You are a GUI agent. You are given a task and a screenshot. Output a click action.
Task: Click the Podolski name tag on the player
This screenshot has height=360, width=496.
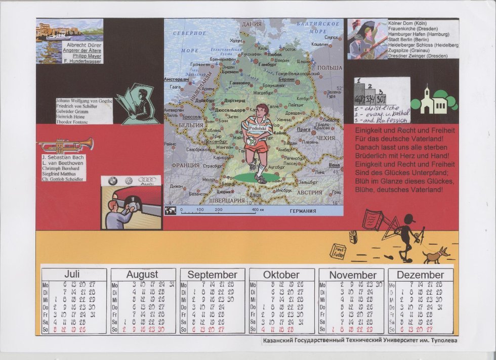(x=258, y=128)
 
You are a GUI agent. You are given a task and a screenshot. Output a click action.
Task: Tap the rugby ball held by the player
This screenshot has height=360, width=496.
(x=250, y=146)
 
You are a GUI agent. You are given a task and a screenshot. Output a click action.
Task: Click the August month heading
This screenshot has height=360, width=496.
(x=142, y=275)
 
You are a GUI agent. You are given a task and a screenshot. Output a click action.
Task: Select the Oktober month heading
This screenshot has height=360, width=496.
(x=281, y=275)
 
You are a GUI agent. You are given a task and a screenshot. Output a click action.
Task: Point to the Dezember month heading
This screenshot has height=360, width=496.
(x=420, y=275)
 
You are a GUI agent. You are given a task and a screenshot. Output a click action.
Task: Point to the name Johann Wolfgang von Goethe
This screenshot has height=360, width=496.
(x=84, y=101)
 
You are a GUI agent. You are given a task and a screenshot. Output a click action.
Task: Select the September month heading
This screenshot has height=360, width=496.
(x=212, y=275)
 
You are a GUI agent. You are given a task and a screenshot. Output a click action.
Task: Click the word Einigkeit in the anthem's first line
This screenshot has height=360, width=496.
(x=370, y=130)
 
